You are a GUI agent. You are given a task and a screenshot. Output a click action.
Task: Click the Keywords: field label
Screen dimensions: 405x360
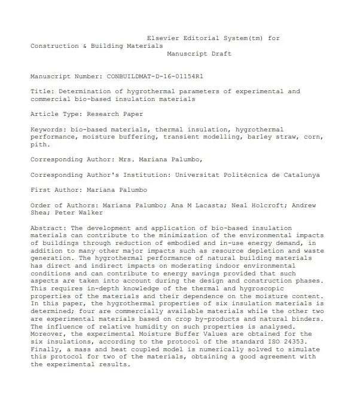click(48, 129)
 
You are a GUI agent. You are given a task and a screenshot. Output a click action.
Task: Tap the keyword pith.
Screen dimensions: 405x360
click(40, 144)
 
